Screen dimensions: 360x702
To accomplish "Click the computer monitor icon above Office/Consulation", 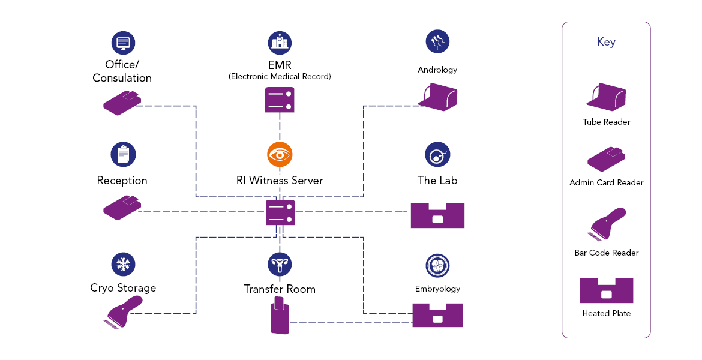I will coord(123,43).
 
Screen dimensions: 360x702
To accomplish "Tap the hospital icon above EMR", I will coord(280,43).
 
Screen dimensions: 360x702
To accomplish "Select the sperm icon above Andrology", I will coord(437,42).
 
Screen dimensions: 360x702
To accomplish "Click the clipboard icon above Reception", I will coord(123,154).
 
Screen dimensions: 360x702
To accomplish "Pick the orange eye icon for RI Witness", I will coord(280,154).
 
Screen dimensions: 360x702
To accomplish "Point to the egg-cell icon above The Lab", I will coord(437,154).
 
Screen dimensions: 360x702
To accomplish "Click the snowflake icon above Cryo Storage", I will coord(123,264).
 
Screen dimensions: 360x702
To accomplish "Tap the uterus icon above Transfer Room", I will coord(280,264).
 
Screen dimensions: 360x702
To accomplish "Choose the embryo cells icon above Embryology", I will coord(437,266).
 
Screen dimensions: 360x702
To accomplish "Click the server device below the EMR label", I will coord(280,100).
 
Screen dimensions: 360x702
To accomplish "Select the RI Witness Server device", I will coord(280,212).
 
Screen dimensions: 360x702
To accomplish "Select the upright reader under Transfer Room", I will coord(279,316).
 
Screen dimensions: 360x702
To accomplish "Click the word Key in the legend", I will coord(606,42).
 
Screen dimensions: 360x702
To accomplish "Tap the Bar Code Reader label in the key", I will coord(606,253).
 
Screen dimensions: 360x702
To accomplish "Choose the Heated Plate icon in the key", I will coord(606,290).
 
